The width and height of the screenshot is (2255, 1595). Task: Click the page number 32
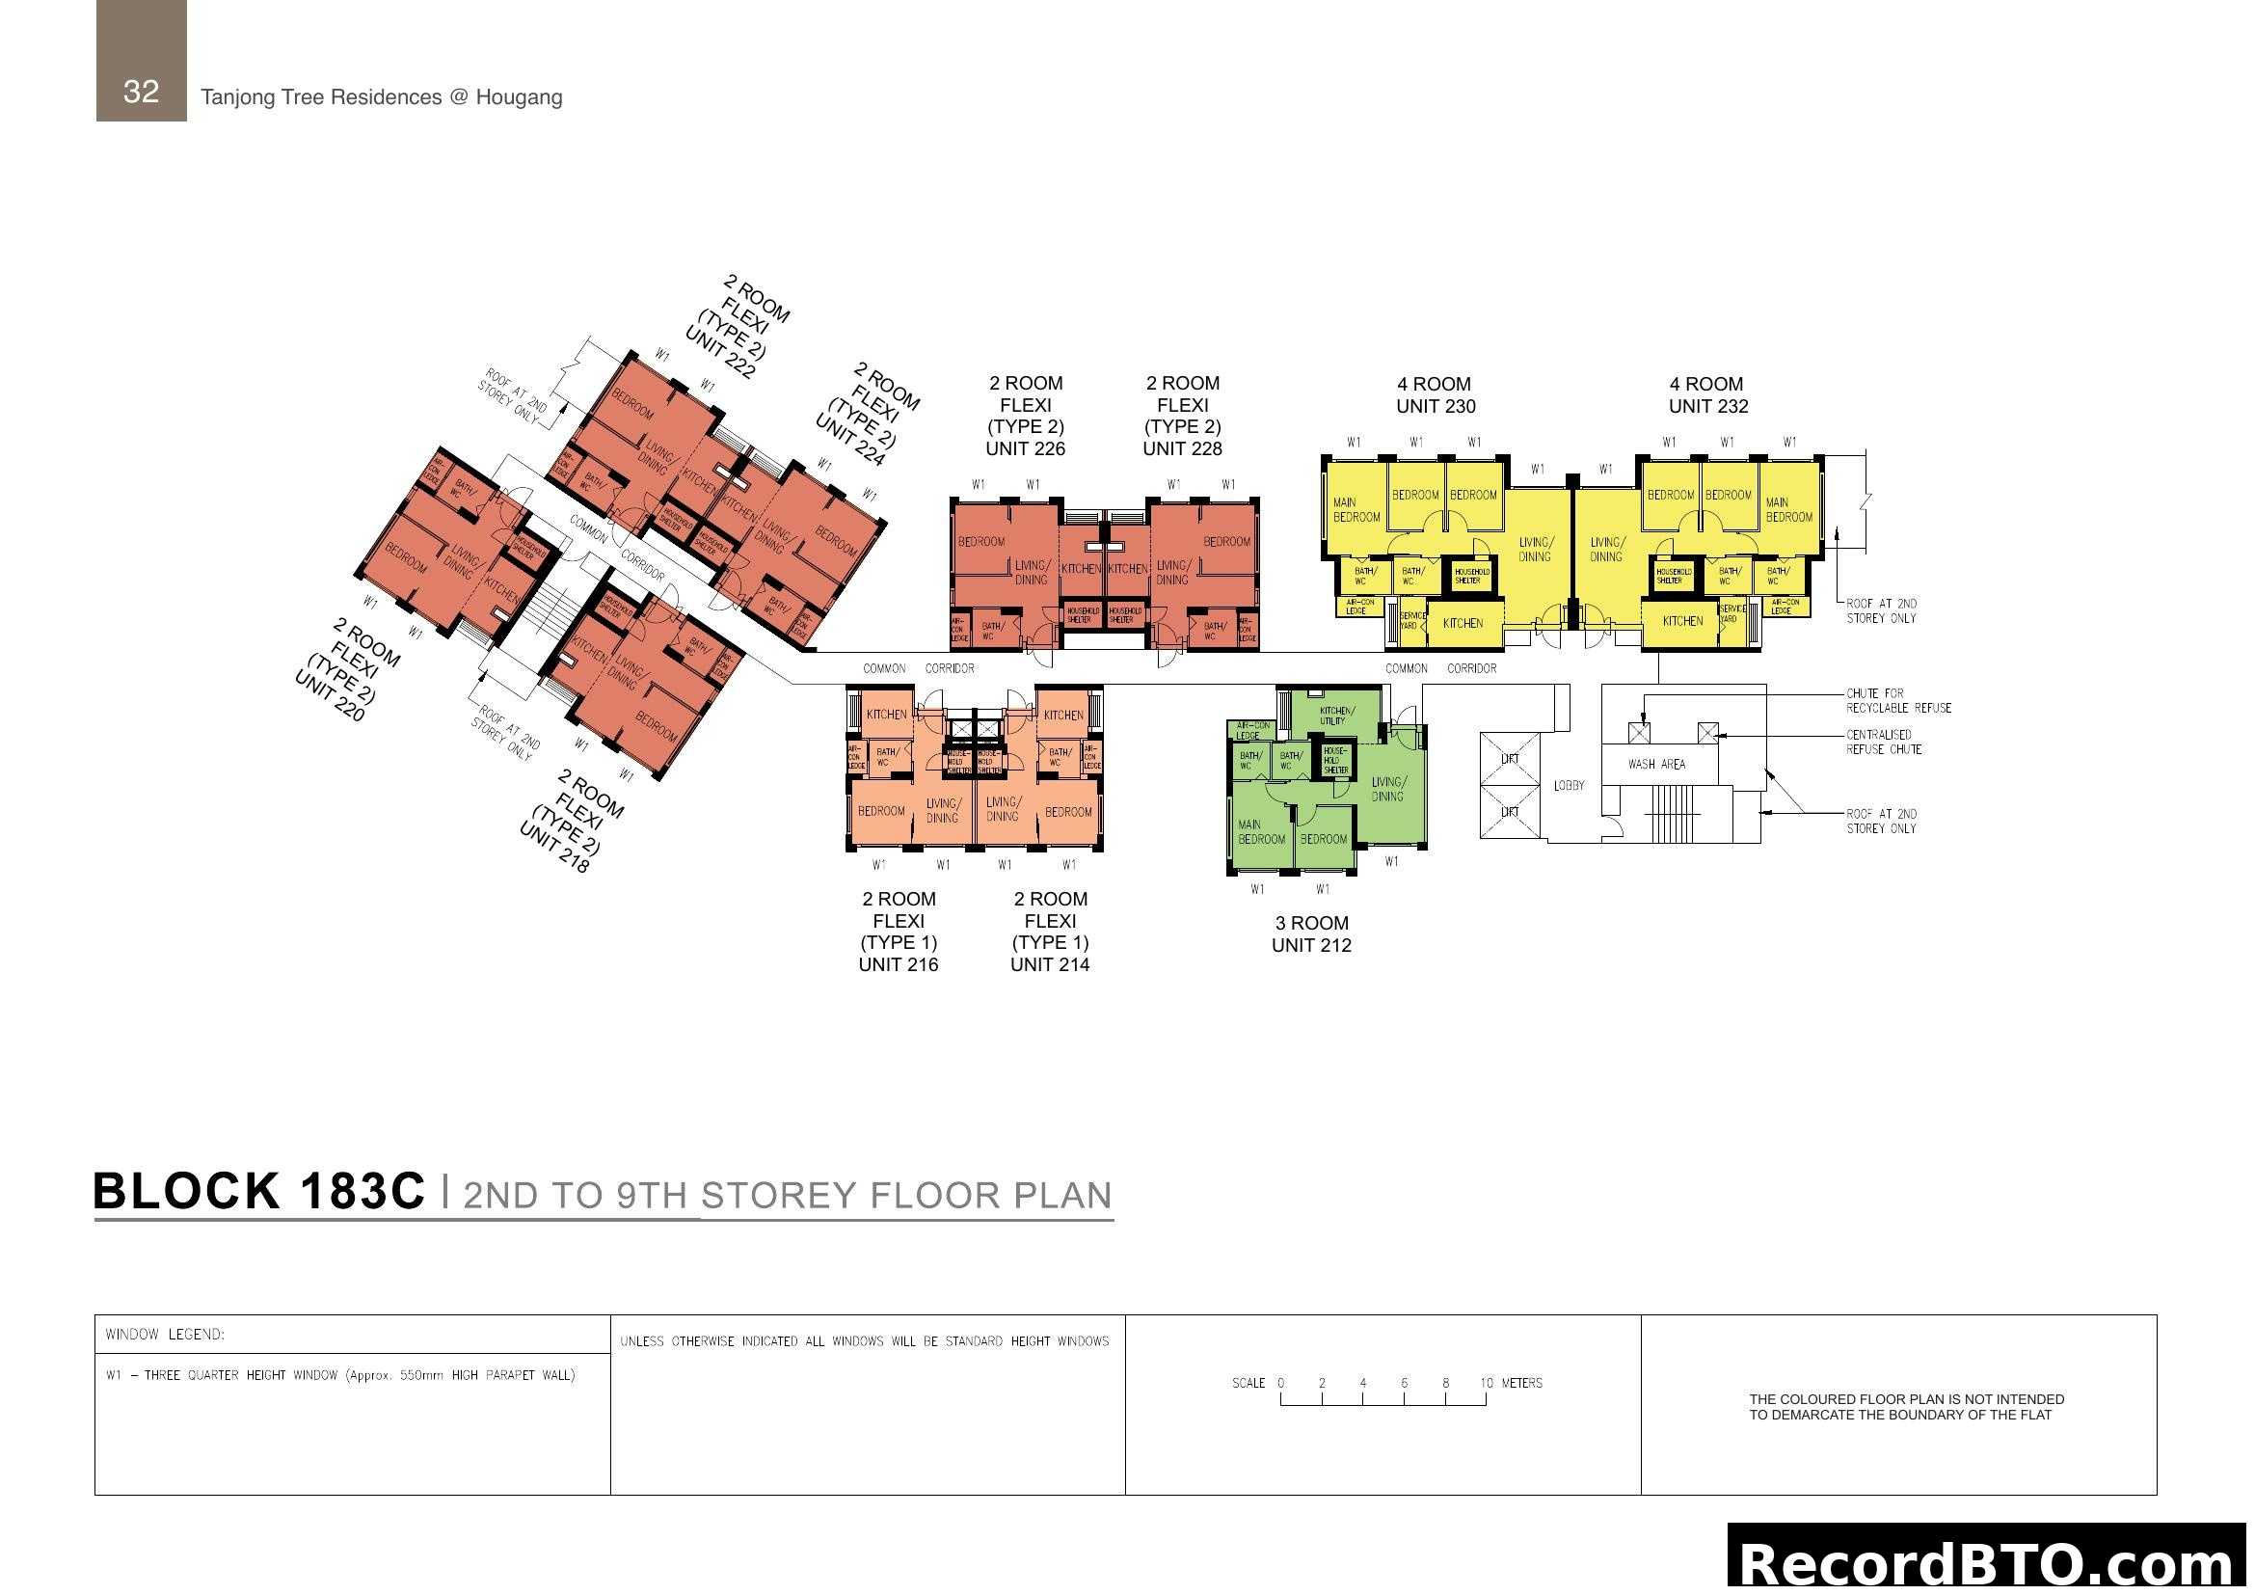tap(141, 92)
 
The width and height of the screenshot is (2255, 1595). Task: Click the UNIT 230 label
tap(1435, 406)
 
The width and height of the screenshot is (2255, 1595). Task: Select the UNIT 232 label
tap(1708, 406)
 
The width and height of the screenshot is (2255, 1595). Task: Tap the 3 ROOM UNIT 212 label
tap(1311, 934)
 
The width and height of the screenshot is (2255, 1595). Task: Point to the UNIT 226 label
tap(1025, 448)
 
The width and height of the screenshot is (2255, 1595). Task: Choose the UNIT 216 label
tap(898, 964)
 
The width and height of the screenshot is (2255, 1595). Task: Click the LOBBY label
tap(1569, 786)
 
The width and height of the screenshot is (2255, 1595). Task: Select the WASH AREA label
tap(1656, 764)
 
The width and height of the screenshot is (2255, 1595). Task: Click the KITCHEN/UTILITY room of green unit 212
tap(1335, 715)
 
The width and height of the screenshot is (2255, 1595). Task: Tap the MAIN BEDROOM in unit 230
tap(1356, 510)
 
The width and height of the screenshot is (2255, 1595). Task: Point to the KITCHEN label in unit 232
tap(1682, 621)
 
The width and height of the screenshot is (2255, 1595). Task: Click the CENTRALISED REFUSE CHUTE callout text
tap(1883, 742)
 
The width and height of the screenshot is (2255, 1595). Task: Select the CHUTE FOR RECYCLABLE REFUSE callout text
tap(1897, 700)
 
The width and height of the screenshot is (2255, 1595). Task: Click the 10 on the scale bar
tap(1486, 1383)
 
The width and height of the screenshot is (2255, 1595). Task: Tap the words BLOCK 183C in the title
tap(259, 1191)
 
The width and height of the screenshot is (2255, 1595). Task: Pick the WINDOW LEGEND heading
tap(165, 1334)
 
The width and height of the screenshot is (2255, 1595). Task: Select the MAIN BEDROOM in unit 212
tap(1260, 832)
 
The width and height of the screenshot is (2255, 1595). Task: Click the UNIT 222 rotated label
tap(720, 353)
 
